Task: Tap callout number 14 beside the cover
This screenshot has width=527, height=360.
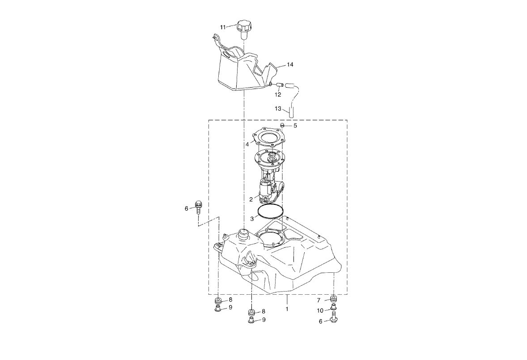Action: [290, 64]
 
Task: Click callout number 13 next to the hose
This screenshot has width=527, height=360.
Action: [278, 109]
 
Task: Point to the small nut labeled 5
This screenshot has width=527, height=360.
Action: [283, 126]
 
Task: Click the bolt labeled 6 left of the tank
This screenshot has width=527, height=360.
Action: [198, 208]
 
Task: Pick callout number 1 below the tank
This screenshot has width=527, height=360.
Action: [287, 309]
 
